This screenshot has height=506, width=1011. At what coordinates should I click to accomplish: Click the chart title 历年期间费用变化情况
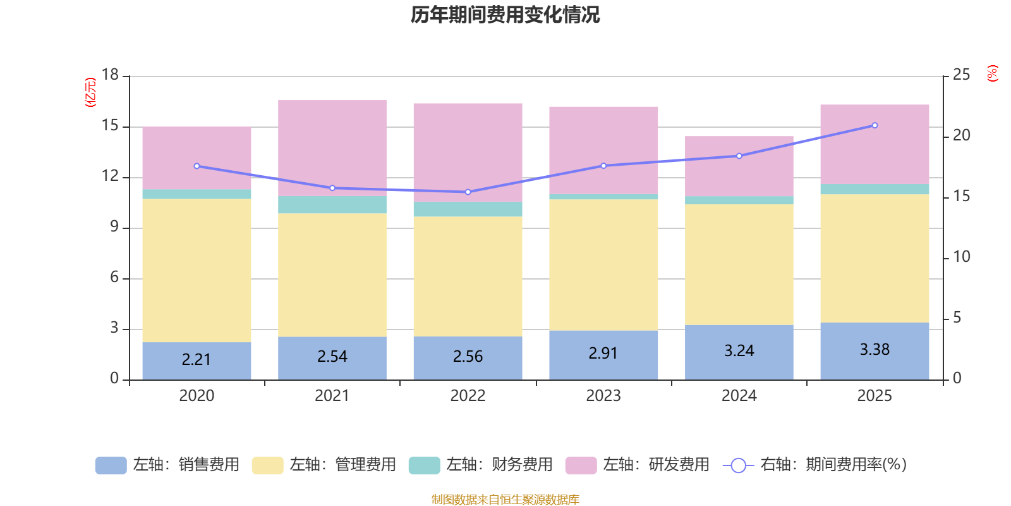tap(505, 15)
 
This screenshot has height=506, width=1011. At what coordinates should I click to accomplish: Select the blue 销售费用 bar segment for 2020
tap(197, 361)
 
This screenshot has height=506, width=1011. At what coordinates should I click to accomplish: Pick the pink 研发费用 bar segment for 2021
tap(332, 147)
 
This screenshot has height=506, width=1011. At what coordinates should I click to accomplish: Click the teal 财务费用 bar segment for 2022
tap(468, 209)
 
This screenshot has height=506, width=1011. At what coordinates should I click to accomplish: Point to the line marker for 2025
tap(875, 125)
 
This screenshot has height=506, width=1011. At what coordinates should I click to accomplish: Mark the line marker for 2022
tap(468, 192)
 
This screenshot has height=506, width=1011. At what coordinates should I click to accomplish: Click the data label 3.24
tap(739, 350)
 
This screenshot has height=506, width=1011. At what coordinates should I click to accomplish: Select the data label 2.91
tap(603, 353)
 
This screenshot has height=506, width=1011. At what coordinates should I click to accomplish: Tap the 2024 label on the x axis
tap(739, 396)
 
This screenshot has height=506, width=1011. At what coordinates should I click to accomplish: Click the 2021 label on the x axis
tap(332, 396)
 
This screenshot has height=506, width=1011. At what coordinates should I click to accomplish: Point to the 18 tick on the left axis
tap(110, 75)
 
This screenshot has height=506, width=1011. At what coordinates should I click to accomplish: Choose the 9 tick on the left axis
tap(114, 226)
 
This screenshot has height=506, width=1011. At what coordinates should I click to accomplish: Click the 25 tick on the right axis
tap(961, 75)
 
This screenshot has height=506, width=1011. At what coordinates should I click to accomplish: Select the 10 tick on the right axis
tap(961, 257)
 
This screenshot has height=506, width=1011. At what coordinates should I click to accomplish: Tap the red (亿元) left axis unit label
tap(90, 92)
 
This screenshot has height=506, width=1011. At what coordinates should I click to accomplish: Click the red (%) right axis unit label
tap(993, 73)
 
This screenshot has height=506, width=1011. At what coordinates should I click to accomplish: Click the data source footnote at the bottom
tap(505, 500)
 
